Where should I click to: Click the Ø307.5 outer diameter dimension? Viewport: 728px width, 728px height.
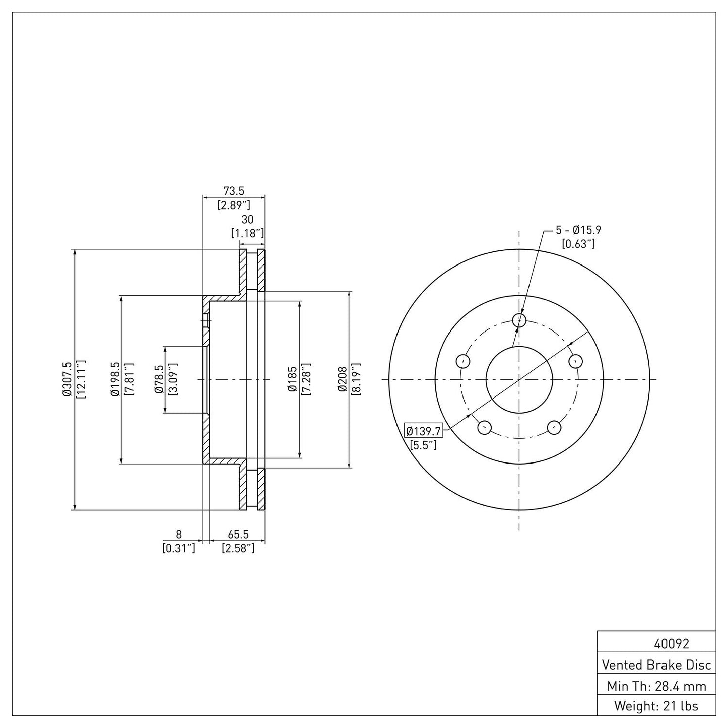[x=67, y=379]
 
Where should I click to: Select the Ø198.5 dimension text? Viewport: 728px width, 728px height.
[x=115, y=379]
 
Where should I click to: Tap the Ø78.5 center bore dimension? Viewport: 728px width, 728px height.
[x=159, y=379]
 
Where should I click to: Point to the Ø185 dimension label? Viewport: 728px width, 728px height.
[x=292, y=379]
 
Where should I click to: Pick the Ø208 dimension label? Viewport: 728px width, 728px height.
[x=343, y=379]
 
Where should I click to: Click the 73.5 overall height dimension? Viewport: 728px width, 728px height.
[x=233, y=191]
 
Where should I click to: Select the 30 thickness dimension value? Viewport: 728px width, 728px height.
[x=247, y=220]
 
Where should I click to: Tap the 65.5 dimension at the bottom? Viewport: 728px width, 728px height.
[x=238, y=534]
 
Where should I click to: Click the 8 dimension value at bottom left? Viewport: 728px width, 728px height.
[x=178, y=534]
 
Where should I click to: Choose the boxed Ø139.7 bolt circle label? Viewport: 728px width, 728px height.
[x=424, y=431]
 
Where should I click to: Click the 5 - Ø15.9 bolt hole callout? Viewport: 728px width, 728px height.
[x=578, y=230]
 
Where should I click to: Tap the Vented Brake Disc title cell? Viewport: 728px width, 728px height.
[x=656, y=665]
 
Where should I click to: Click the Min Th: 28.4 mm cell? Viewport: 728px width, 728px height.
[x=656, y=686]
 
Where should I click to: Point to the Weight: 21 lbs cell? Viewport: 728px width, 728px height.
[x=656, y=706]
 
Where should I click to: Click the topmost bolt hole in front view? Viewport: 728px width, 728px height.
[x=519, y=319]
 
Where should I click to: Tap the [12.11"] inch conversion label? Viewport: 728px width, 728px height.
[x=81, y=379]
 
